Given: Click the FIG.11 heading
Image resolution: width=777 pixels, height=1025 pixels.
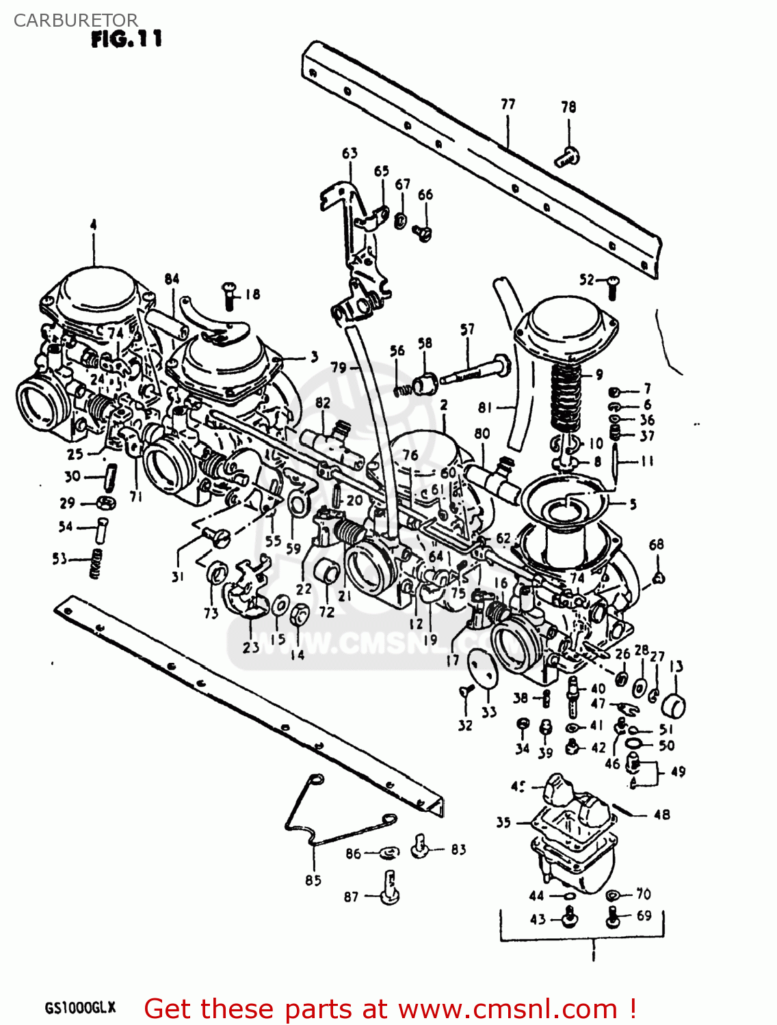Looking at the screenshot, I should [x=127, y=40].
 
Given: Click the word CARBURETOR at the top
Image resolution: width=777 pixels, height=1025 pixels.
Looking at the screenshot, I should [x=75, y=20].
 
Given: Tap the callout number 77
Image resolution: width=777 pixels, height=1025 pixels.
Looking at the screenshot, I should [x=508, y=105].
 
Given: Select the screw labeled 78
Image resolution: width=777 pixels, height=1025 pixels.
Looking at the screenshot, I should [x=567, y=156].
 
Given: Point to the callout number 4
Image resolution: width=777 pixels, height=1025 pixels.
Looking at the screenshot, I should [x=93, y=225].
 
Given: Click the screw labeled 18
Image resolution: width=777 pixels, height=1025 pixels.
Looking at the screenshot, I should [x=229, y=295].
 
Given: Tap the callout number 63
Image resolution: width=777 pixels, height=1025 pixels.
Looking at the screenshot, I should [x=350, y=153].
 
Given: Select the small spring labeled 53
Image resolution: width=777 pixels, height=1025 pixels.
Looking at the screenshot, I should [x=96, y=563].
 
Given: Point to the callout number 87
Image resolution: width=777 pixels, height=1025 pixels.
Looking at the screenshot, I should [x=351, y=897].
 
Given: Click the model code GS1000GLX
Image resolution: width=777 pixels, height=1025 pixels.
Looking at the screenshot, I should [x=80, y=1008].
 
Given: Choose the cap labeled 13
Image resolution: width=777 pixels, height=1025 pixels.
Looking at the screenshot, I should [x=674, y=705].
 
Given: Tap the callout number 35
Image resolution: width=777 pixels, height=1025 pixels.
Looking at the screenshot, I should [x=503, y=822].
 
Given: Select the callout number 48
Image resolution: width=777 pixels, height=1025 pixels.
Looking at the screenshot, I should [x=661, y=815].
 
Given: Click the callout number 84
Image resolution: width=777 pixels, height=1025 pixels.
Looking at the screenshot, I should [x=172, y=279].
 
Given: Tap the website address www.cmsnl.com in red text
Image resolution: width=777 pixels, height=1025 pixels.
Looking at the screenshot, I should [x=508, y=1009].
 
